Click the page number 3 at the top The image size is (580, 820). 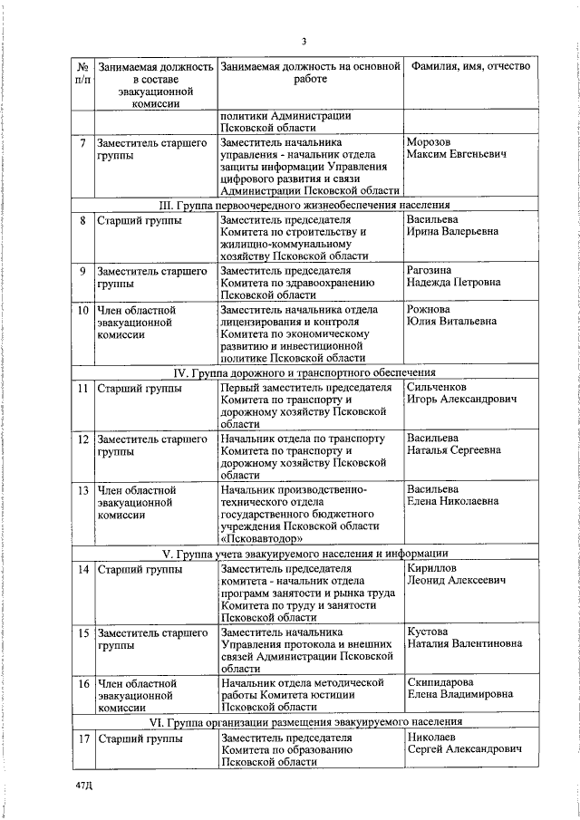coord(304,41)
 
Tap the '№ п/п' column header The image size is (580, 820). coord(82,73)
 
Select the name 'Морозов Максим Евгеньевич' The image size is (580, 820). coord(456,148)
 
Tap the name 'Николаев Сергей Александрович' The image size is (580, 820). coord(464,744)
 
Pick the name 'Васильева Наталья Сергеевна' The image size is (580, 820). coord(453,444)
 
